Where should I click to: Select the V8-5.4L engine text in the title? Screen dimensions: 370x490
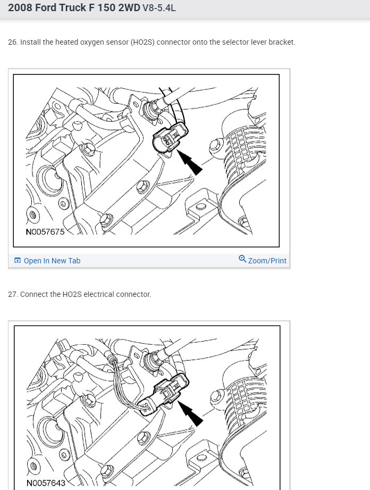[x=159, y=8]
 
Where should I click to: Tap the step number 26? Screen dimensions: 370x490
[x=12, y=42]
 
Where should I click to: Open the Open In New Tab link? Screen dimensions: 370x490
[x=52, y=261]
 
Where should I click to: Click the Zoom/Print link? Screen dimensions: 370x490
[x=267, y=261]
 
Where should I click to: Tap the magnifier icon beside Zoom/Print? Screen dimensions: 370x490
[x=242, y=259]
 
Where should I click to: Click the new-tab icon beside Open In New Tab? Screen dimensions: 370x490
[x=18, y=260]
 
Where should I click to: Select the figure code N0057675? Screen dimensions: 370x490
[x=45, y=232]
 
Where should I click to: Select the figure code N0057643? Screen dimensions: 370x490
[x=46, y=483]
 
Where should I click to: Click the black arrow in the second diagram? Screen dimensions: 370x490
[x=190, y=413]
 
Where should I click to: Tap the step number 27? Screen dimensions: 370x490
[x=12, y=294]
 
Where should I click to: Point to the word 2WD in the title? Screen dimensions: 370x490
[x=129, y=7]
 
